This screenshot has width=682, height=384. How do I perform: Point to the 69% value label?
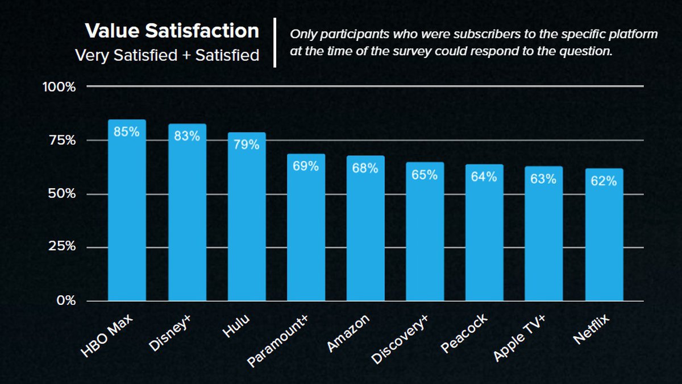pos(306,166)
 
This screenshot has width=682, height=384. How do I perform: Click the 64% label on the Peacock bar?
pos(484,176)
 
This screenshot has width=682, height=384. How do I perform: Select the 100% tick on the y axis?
pos(59,87)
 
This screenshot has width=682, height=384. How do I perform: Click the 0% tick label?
pos(66,300)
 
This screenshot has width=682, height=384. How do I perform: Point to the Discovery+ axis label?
pos(400,338)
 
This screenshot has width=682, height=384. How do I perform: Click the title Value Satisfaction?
pos(172,31)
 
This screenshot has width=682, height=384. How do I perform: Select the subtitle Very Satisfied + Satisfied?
pos(168,55)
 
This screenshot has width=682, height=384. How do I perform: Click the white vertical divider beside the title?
pos(275,43)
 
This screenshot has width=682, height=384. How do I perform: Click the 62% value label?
pos(604,181)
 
